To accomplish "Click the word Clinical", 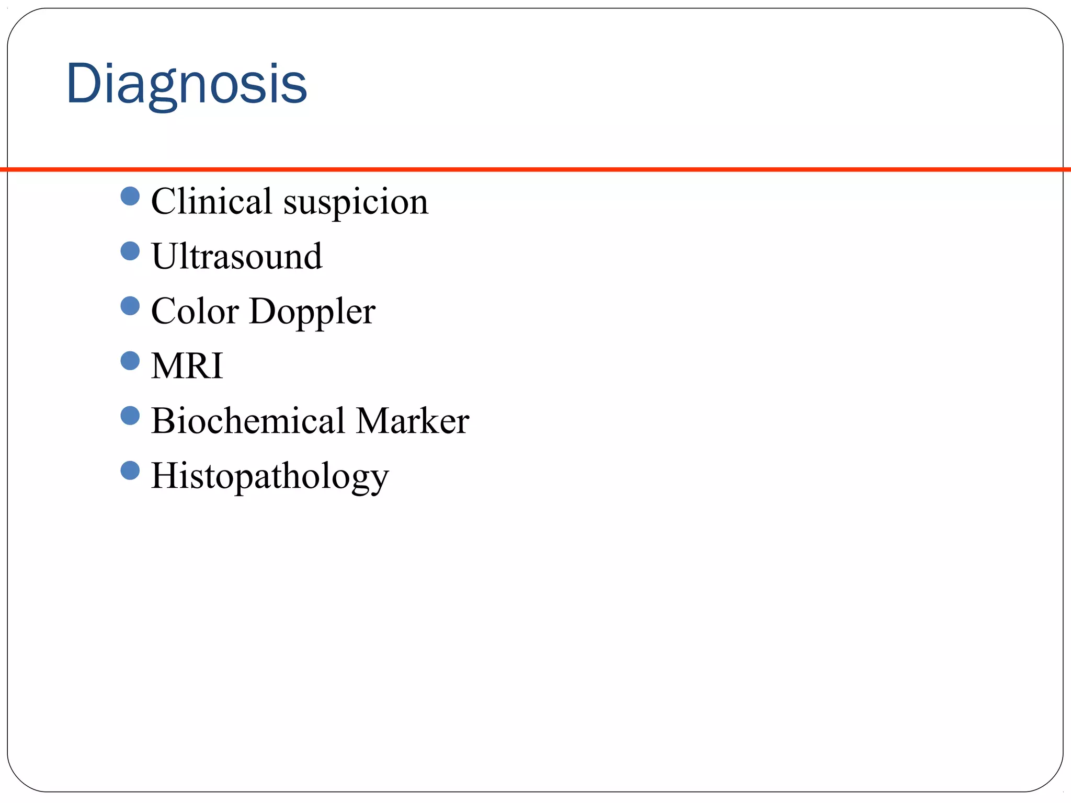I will (211, 201).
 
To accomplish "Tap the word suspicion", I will (356, 202).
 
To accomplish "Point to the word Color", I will (195, 311).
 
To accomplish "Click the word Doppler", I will (313, 312).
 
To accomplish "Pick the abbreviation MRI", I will (187, 366).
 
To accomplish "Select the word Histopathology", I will (270, 476).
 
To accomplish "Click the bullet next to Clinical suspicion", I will (130, 197).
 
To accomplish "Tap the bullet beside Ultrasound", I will (130, 251).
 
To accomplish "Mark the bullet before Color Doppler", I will (130, 306).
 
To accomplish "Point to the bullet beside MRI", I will (130, 361).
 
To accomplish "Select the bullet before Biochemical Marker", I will (130, 416).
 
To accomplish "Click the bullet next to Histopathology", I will (130, 471).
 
